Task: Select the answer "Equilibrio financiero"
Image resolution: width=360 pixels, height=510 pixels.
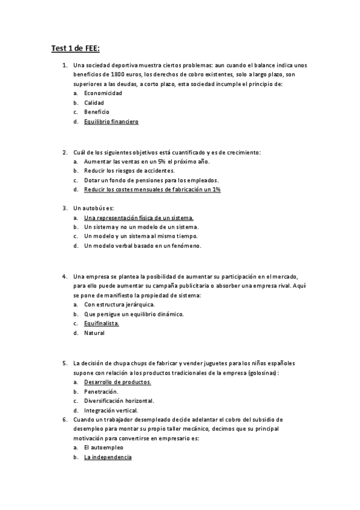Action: [x=111, y=121]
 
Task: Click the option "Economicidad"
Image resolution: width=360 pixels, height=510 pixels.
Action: [x=103, y=93]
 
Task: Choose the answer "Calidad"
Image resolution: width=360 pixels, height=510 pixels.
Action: [x=94, y=103]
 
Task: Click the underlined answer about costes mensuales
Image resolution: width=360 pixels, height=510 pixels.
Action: [x=153, y=189]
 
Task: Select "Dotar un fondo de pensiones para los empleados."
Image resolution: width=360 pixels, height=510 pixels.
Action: [x=151, y=180]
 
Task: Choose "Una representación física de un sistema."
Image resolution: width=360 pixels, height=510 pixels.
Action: [x=139, y=218]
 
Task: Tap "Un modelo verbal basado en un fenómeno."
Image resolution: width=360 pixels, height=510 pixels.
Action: [x=142, y=246]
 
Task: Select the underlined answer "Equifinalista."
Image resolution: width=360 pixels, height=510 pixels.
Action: [x=102, y=323]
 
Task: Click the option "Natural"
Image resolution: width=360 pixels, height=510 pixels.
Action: [x=94, y=333]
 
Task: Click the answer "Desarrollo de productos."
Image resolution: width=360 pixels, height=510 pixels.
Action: [x=117, y=382]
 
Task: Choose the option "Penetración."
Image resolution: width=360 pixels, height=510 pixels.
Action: [x=100, y=391]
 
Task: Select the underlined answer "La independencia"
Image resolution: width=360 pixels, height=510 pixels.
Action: [x=108, y=458]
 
